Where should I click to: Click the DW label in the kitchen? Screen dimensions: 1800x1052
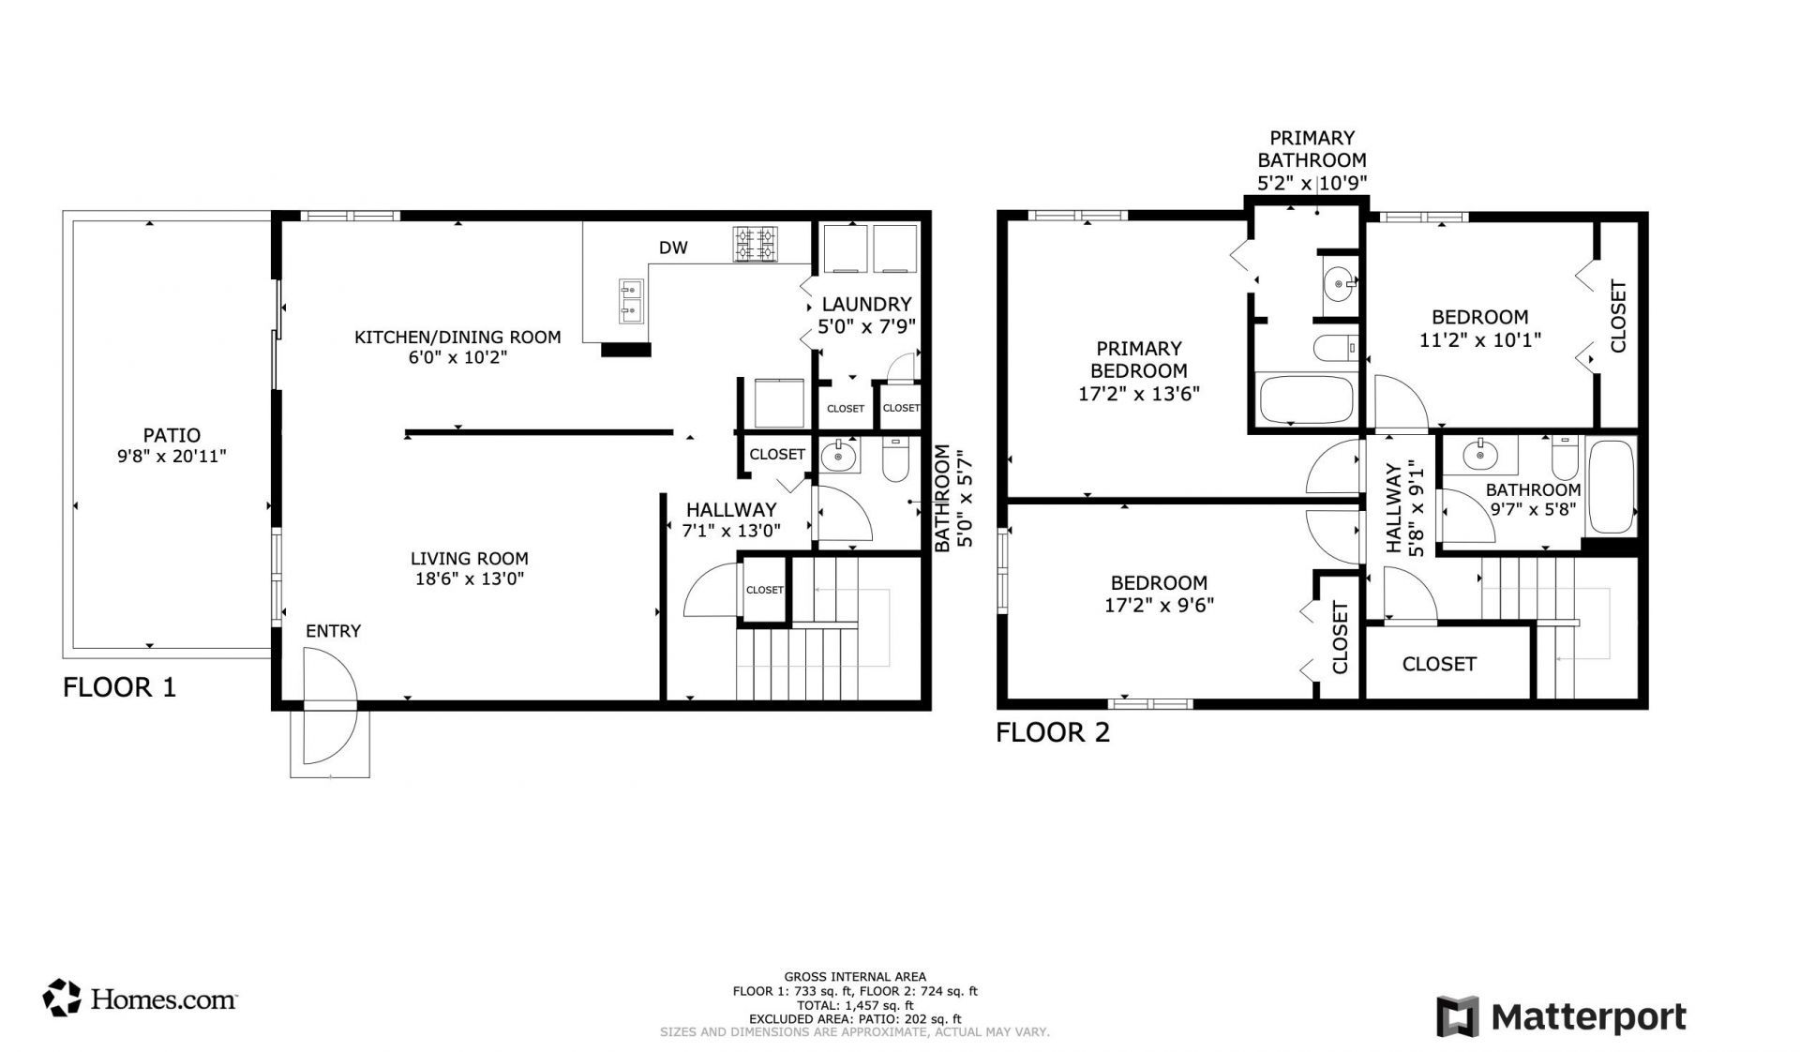pos(673,248)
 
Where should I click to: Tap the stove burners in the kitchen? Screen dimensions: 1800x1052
pos(756,244)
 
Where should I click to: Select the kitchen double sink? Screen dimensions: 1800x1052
pos(631,301)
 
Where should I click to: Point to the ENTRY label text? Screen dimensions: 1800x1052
pos(333,631)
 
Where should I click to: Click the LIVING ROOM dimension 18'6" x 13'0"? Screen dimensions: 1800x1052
pos(469,579)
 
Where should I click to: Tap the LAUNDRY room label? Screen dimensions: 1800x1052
pos(866,304)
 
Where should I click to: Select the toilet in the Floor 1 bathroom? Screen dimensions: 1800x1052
pos(896,458)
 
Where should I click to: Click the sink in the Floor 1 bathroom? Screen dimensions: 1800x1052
pos(838,458)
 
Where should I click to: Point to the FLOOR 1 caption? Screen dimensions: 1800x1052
pos(119,687)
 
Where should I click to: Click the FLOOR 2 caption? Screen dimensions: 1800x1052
pos(1053,732)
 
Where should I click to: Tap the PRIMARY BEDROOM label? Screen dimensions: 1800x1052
pos(1139,359)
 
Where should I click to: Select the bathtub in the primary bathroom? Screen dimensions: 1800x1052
pos(1305,399)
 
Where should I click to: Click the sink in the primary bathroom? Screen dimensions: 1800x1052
pos(1338,280)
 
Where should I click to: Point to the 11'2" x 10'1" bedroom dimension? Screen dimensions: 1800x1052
pos(1479,339)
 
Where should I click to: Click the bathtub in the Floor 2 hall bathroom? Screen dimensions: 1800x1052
pos(1611,488)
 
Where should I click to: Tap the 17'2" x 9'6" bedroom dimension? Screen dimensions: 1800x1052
pos(1159,605)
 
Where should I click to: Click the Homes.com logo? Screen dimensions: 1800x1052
pos(140,999)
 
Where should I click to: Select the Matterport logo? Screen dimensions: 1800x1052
pos(1561,1017)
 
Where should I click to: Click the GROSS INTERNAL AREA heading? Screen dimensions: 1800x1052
pos(855,977)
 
